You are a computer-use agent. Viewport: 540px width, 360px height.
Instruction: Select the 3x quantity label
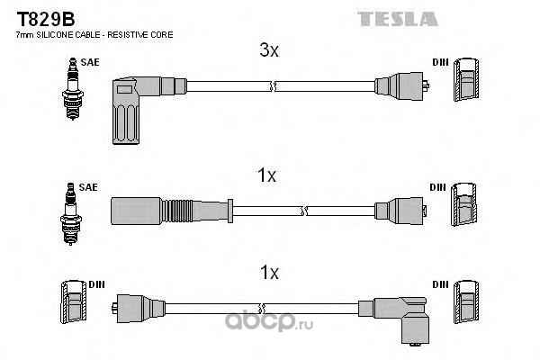click(269, 52)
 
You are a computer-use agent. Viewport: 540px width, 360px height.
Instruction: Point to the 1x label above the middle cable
click(266, 176)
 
